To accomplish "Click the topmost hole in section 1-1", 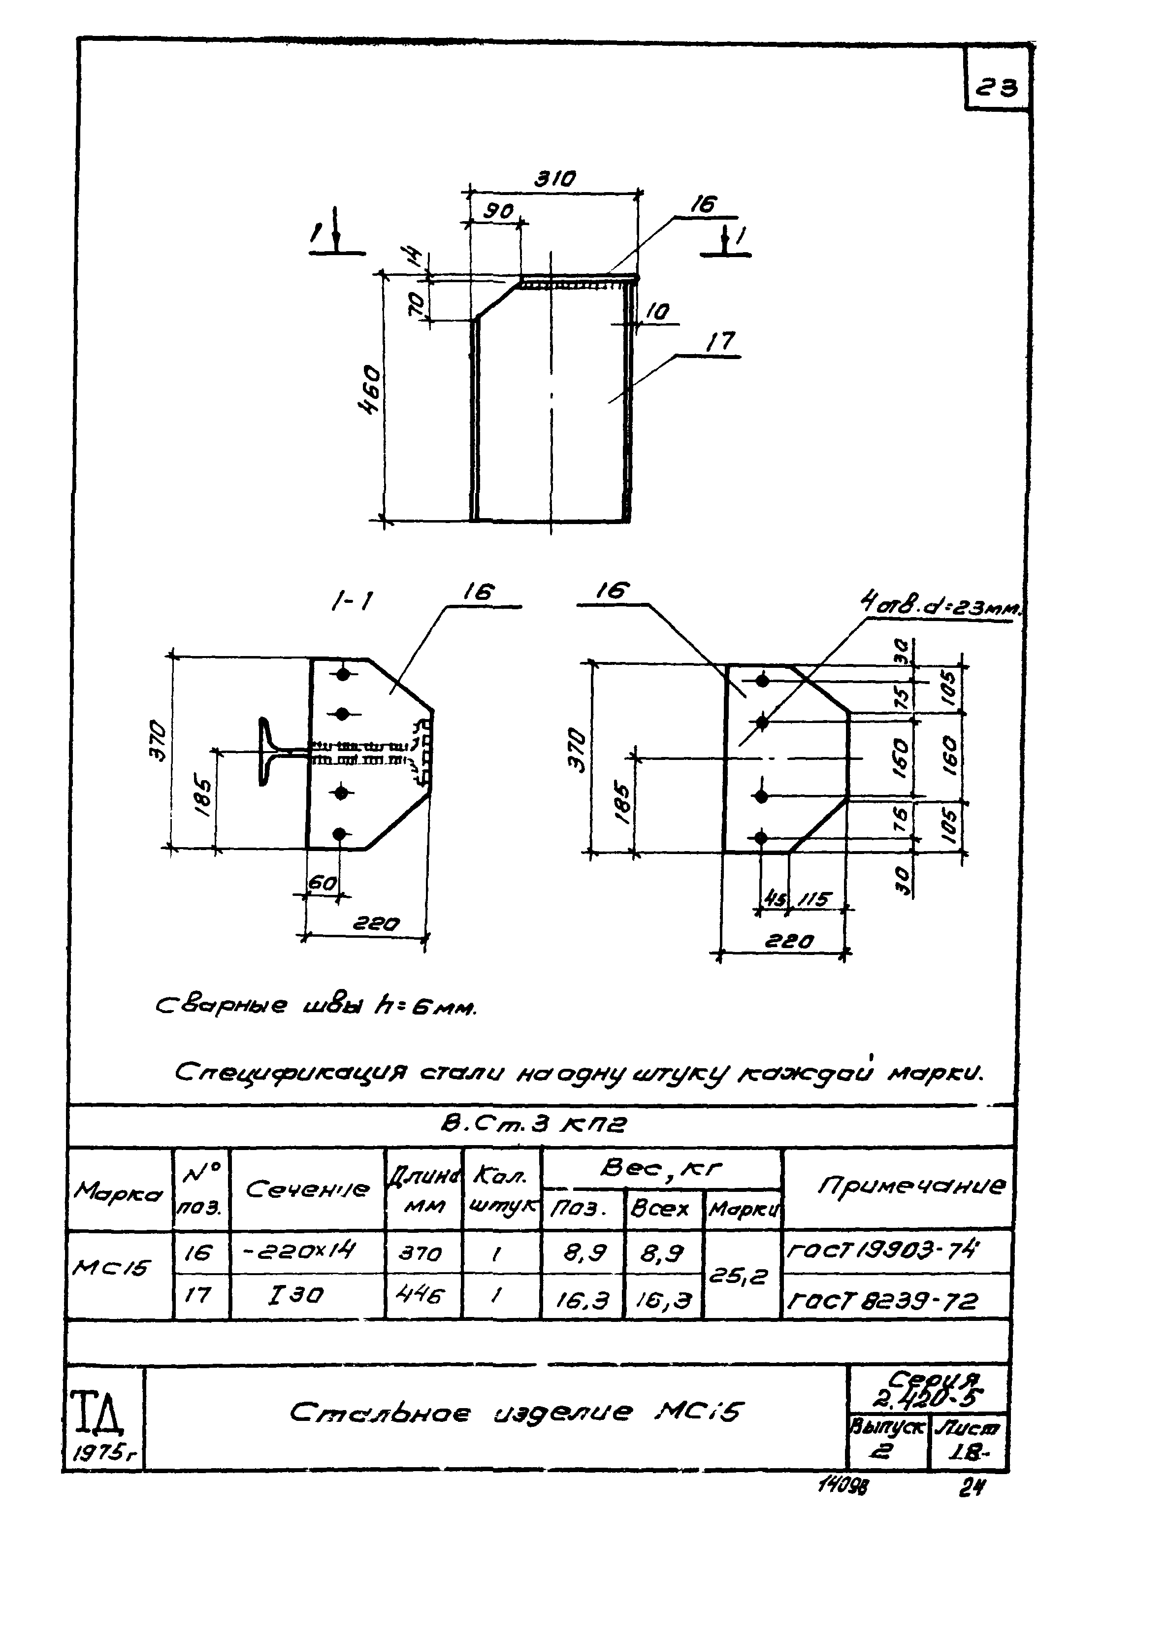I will [x=344, y=674].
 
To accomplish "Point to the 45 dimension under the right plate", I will [x=773, y=899].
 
